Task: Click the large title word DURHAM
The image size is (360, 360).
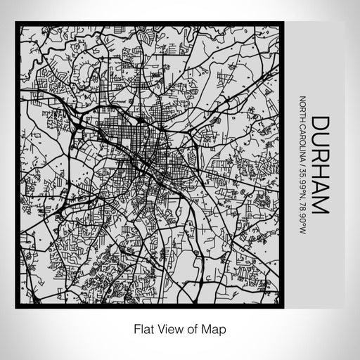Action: click(320, 166)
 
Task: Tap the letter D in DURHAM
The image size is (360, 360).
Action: click(320, 124)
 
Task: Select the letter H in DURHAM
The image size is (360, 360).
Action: click(320, 173)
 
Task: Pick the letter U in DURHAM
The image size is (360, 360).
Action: click(320, 141)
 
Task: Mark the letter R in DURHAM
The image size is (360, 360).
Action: click(320, 157)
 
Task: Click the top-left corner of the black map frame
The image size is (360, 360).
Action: click(17, 24)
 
